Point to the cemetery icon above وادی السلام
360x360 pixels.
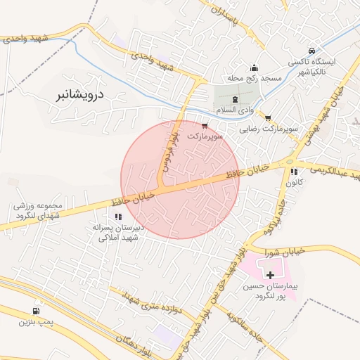pos(234,101)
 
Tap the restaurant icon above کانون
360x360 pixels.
pos(294,171)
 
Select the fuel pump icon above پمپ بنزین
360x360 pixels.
pos(35,311)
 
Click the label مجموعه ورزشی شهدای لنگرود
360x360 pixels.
pos(38,210)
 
